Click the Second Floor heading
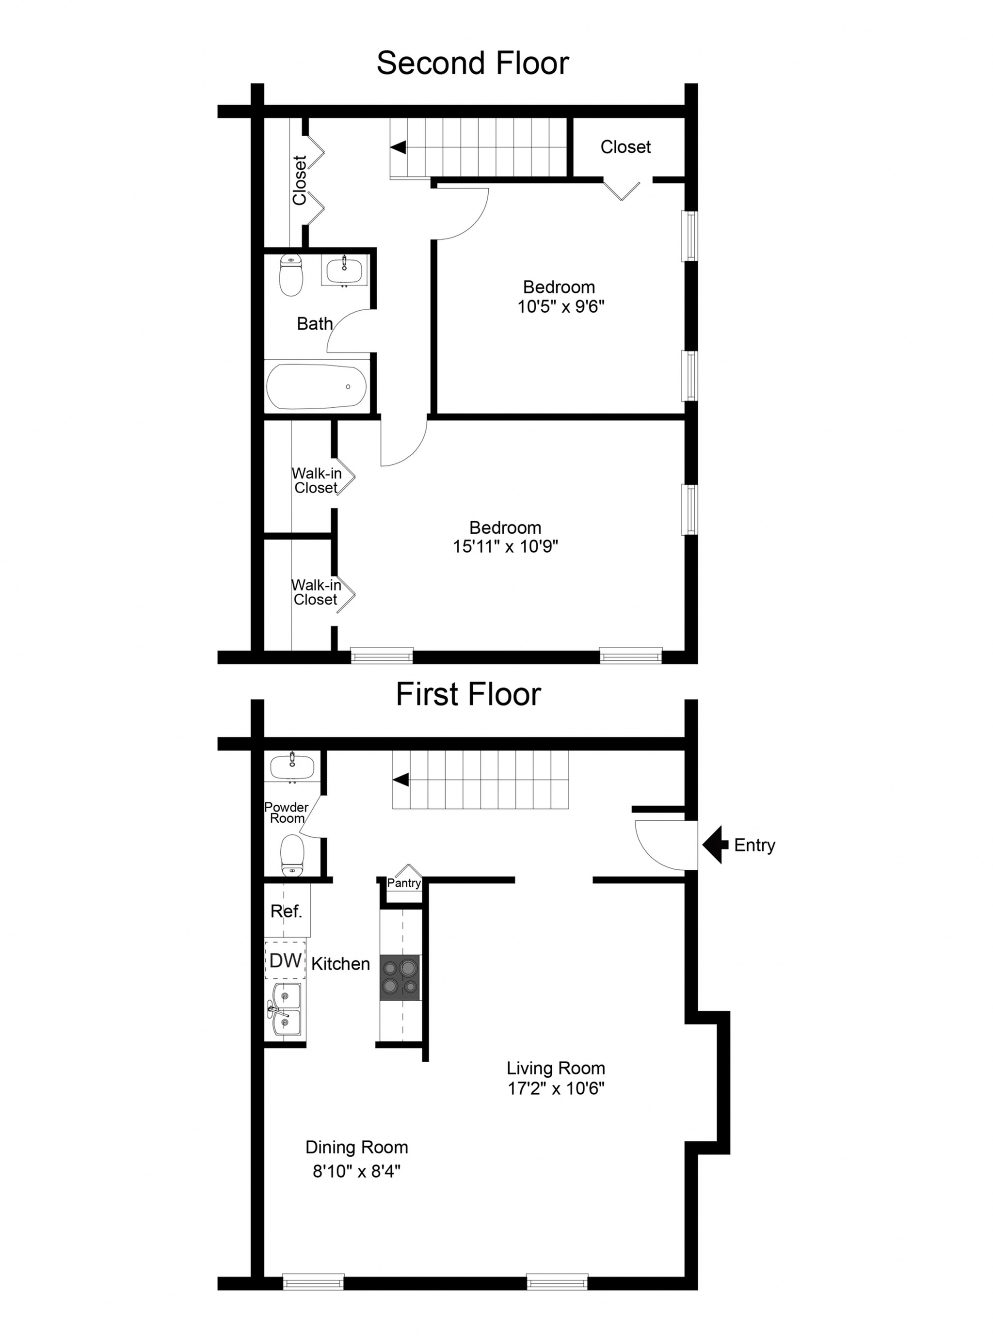pyautogui.click(x=472, y=63)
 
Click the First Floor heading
pyautogui.click(x=468, y=694)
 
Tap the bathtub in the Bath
pyautogui.click(x=317, y=386)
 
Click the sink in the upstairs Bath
pyautogui.click(x=344, y=269)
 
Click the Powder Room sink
pyautogui.click(x=292, y=767)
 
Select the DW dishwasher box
pyautogui.click(x=286, y=960)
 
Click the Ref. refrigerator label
pyautogui.click(x=286, y=912)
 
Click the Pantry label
pyautogui.click(x=404, y=883)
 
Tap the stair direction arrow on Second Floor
pyautogui.click(x=398, y=147)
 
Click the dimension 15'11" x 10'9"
pyautogui.click(x=506, y=546)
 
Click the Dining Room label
pyautogui.click(x=356, y=1148)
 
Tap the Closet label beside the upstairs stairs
pyautogui.click(x=625, y=147)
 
